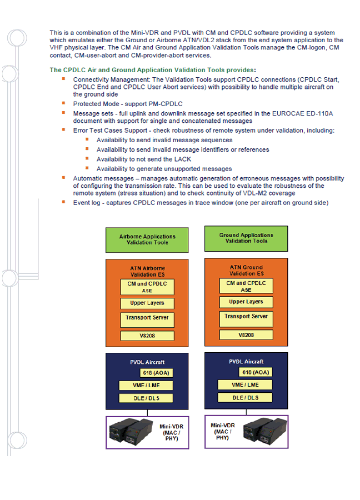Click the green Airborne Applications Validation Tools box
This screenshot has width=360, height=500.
pyautogui.click(x=147, y=240)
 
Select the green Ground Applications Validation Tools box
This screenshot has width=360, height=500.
pyautogui.click(x=246, y=238)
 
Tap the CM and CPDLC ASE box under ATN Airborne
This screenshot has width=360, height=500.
pyautogui.click(x=147, y=287)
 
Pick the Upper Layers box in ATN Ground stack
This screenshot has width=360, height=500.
pyautogui.click(x=246, y=302)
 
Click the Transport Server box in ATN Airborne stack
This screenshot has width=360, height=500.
pyautogui.click(x=147, y=320)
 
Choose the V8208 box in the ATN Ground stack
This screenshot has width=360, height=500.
pyautogui.click(x=246, y=335)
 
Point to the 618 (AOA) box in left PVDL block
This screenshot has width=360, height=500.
pyautogui.click(x=156, y=373)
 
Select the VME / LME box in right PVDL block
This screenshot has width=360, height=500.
pyautogui.click(x=245, y=384)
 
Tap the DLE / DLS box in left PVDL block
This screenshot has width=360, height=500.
pyautogui.click(x=146, y=398)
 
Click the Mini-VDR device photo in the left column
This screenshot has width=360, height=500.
pyautogui.click(x=131, y=432)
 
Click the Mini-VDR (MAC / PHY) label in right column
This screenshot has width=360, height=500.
pyautogui.click(x=223, y=432)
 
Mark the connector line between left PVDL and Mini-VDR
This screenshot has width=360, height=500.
pyautogui.click(x=147, y=413)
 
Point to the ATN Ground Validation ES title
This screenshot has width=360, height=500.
pyautogui.click(x=246, y=271)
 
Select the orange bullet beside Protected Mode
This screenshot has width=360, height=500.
pyautogui.click(x=64, y=103)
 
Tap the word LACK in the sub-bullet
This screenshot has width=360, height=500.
pyautogui.click(x=183, y=159)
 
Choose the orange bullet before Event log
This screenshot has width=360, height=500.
pyautogui.click(x=64, y=202)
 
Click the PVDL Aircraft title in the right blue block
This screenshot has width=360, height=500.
pyautogui.click(x=246, y=361)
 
